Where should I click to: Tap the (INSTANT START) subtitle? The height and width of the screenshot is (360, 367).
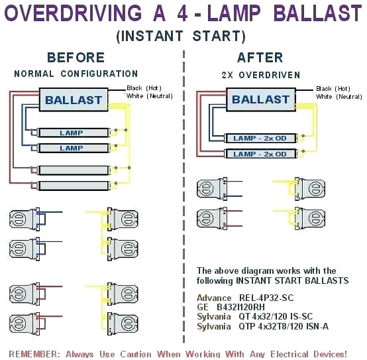[x=181, y=36]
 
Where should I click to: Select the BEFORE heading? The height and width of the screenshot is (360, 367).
[x=76, y=58]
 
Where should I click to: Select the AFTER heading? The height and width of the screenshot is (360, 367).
[x=260, y=58]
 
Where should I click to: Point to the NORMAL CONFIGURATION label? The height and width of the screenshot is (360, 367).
[x=76, y=74]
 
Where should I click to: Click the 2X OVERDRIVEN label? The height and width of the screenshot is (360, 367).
[x=260, y=75]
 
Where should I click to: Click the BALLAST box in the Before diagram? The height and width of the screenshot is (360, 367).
[x=74, y=101]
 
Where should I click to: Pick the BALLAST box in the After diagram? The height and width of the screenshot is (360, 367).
[x=260, y=100]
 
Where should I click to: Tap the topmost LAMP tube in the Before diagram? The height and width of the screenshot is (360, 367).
[x=72, y=133]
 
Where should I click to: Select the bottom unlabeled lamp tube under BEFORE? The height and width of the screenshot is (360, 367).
[x=72, y=186]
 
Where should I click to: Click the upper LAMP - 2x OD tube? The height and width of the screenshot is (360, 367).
[x=260, y=138]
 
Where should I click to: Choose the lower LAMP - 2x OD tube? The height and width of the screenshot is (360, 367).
[x=260, y=154]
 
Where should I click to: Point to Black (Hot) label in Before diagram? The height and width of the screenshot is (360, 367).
[x=146, y=88]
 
